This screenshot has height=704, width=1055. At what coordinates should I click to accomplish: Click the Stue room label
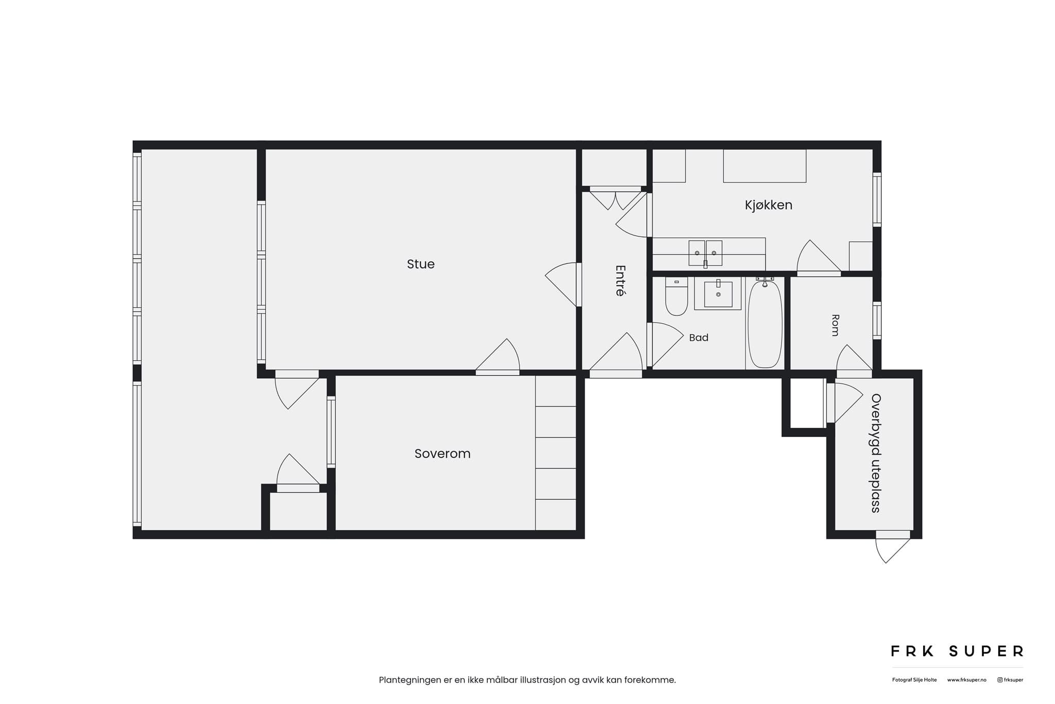[x=420, y=264]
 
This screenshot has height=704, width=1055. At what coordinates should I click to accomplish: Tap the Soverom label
[x=443, y=454]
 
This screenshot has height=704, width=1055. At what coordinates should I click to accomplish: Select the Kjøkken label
[x=769, y=205]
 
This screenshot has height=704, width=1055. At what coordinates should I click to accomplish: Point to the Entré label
[x=620, y=280]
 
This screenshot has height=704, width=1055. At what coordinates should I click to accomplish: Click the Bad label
[x=699, y=338]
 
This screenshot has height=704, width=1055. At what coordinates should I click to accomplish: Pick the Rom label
[x=835, y=325]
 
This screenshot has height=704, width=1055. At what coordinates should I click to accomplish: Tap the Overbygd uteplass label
[x=876, y=453]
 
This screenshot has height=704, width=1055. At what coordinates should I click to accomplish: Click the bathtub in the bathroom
[x=765, y=324]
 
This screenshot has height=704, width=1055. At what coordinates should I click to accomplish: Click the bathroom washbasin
[x=718, y=294]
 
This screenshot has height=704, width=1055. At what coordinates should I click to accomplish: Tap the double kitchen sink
[x=705, y=253]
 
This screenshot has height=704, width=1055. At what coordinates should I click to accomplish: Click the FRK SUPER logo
[x=957, y=651]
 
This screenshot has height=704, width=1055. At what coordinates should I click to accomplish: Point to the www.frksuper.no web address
[x=966, y=680]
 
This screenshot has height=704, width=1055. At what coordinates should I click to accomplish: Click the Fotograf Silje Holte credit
[x=914, y=680]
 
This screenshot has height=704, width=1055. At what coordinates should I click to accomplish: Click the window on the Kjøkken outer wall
[x=877, y=199]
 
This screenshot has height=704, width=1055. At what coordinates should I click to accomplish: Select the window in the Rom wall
[x=877, y=320]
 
